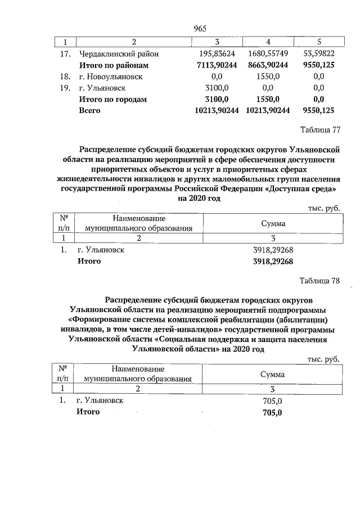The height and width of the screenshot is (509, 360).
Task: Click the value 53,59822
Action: coord(319,54)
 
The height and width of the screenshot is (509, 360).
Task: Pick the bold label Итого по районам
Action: coord(113,65)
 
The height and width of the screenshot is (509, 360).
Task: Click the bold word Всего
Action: coord(89,111)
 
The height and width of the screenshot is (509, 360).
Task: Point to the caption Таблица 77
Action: coord(321,130)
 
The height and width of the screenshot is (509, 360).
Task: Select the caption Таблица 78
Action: coord(321,281)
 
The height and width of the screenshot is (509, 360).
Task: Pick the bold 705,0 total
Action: coord(272,412)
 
